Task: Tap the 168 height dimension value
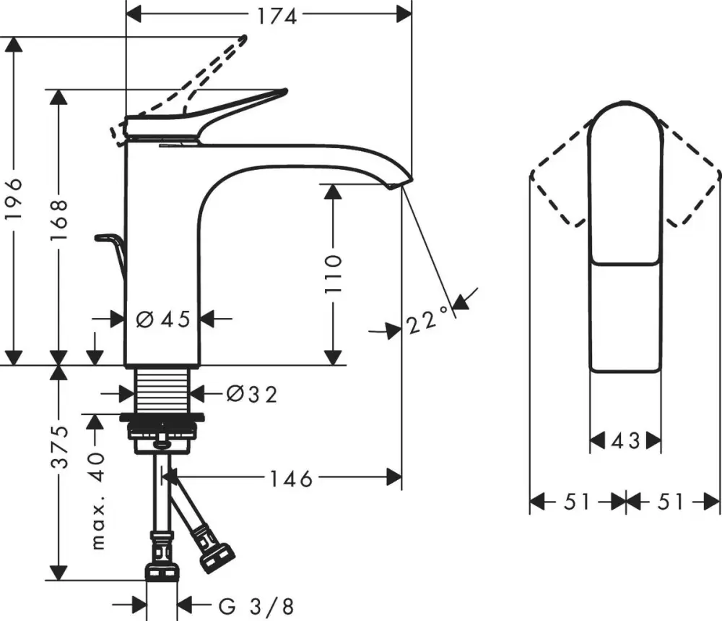[61, 223]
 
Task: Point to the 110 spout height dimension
[333, 273]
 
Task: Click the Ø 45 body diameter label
[162, 318]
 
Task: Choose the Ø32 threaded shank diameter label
[251, 393]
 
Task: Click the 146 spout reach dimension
[291, 478]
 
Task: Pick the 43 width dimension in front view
[625, 440]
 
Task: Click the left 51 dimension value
[577, 501]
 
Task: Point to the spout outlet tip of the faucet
[393, 185]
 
